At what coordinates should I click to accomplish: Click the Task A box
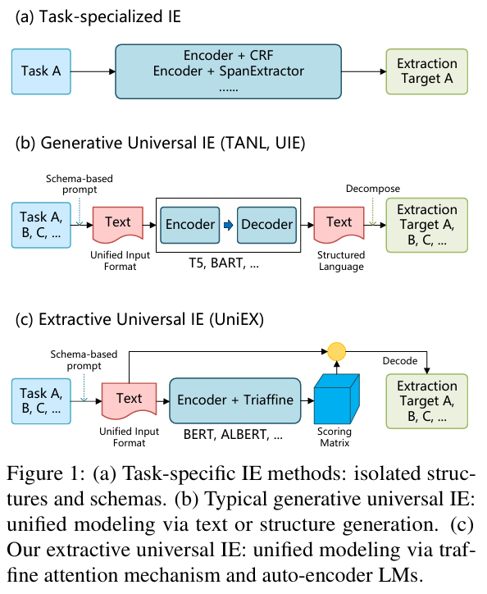pos(41,71)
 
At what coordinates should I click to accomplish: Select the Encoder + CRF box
pos(229,71)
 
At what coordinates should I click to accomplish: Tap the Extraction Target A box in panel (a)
pos(427,71)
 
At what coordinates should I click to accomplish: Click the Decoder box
pos(266,225)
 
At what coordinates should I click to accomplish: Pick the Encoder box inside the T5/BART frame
pos(189,225)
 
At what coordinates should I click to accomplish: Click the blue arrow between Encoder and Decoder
pos(229,226)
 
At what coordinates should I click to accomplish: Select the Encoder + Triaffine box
pos(235,400)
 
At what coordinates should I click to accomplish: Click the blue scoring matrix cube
pos(337,399)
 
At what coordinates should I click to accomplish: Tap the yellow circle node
pos(337,351)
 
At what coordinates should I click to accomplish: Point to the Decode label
pos(400,361)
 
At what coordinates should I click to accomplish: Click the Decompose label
pos(373,189)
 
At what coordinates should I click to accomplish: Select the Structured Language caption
pos(341,261)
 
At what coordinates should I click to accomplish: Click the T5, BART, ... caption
pos(224,263)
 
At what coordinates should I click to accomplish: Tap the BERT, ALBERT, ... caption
pos(233,435)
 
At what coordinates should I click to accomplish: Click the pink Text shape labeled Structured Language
pos(339,225)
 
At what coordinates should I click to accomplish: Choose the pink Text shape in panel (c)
pos(130,401)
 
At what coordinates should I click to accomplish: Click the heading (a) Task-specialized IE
pos(98,17)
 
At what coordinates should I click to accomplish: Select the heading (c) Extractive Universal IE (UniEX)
pos(139,319)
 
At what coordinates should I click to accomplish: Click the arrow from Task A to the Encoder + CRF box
pos(93,71)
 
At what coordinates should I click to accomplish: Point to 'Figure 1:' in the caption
pos(46,473)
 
